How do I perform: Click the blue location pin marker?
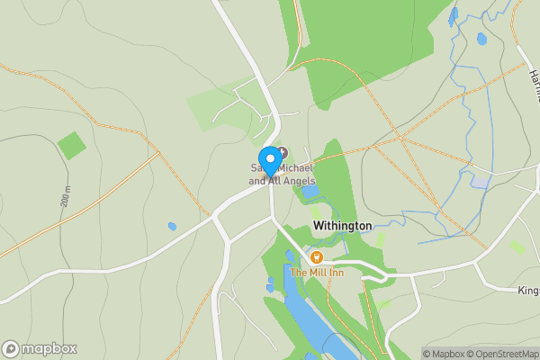click(269, 162)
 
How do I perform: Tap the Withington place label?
click(342, 226)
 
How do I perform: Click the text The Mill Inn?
click(316, 273)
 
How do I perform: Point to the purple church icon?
click(283, 152)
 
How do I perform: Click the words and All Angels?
click(282, 181)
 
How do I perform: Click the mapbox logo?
click(40, 348)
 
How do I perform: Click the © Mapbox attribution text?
click(442, 354)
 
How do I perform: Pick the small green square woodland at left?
click(71, 145)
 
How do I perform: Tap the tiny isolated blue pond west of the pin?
click(172, 227)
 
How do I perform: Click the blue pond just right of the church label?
click(310, 191)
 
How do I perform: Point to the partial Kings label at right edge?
click(528, 291)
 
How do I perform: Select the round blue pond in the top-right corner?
click(481, 40)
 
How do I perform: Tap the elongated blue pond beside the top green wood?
click(454, 16)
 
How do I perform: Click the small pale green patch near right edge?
click(517, 246)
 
